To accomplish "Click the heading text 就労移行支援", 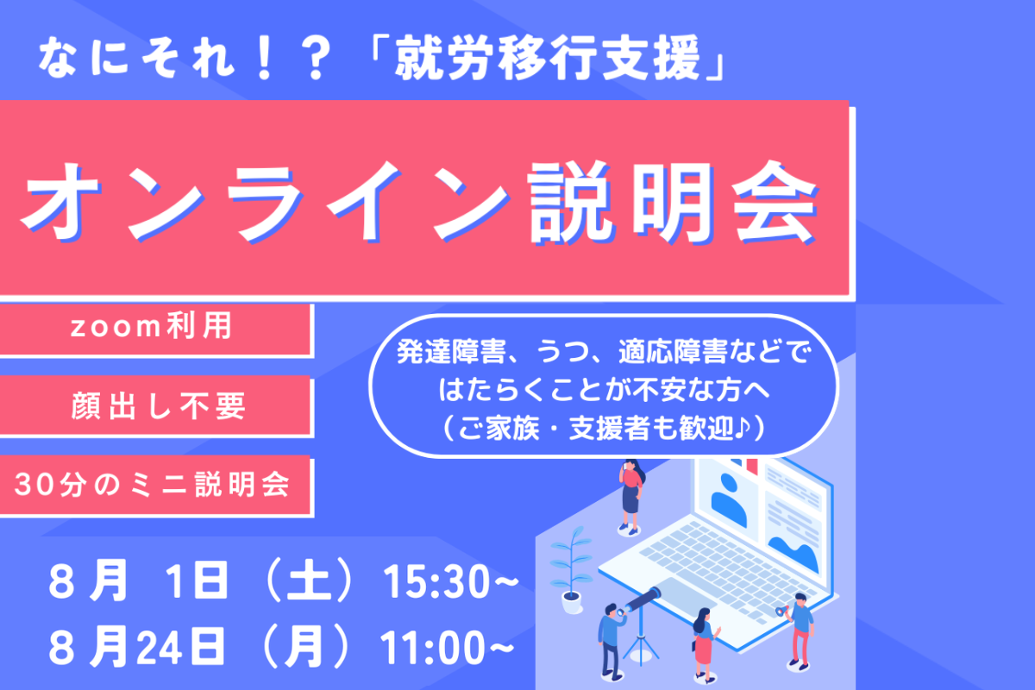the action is point(548,60).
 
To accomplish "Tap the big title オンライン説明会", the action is point(420,202).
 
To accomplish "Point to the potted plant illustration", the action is point(571,570).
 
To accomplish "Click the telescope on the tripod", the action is point(641,624).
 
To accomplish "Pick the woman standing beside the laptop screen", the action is point(631,498).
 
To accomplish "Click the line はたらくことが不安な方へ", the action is point(604,390).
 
